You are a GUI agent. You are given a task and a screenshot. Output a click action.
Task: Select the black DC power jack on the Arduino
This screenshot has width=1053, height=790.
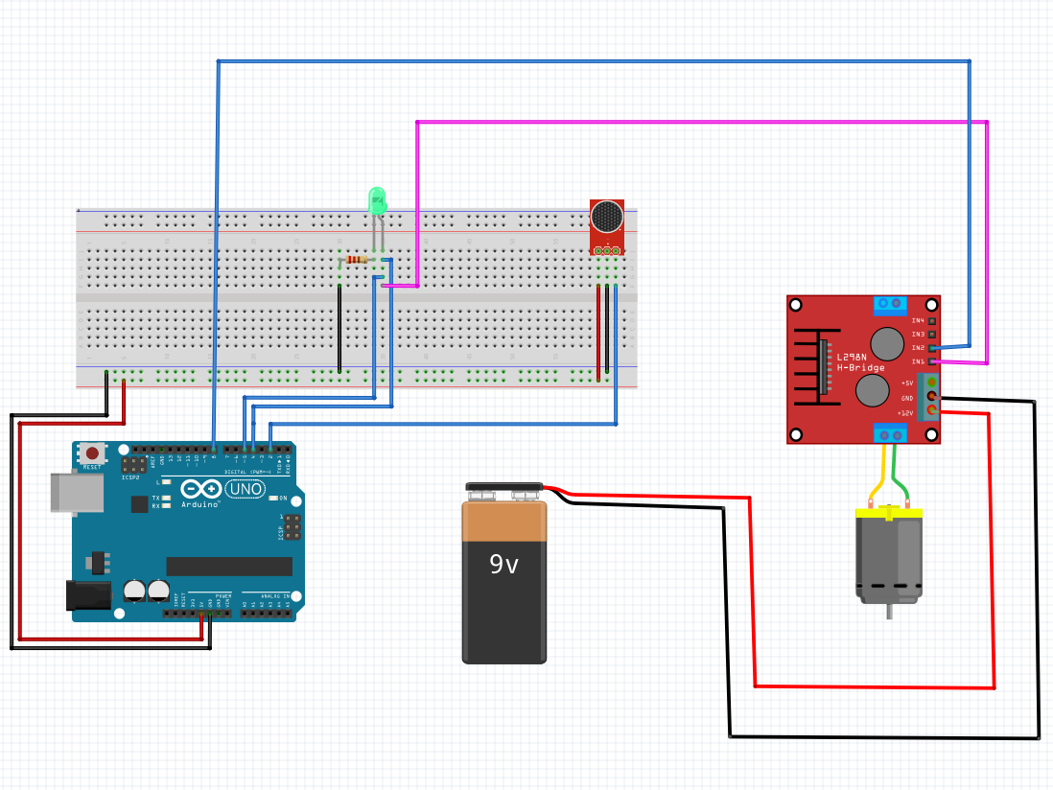[86, 595]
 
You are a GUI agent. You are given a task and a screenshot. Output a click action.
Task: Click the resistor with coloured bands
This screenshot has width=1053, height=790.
[358, 260]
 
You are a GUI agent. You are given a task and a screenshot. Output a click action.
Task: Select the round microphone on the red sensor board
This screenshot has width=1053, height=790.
[606, 217]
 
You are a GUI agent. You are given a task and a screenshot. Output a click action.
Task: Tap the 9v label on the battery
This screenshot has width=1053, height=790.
[504, 565]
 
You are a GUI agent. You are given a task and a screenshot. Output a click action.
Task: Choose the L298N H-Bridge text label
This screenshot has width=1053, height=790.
[860, 362]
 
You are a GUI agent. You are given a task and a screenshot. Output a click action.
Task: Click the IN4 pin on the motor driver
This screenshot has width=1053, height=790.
[930, 320]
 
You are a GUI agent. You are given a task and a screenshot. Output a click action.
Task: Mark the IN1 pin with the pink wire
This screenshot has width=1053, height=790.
[931, 361]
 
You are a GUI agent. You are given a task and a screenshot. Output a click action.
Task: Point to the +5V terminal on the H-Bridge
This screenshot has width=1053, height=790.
[930, 382]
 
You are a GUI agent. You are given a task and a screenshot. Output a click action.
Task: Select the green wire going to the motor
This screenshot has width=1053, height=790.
[900, 474]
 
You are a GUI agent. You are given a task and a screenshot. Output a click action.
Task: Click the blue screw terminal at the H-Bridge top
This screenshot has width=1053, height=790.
[888, 305]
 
